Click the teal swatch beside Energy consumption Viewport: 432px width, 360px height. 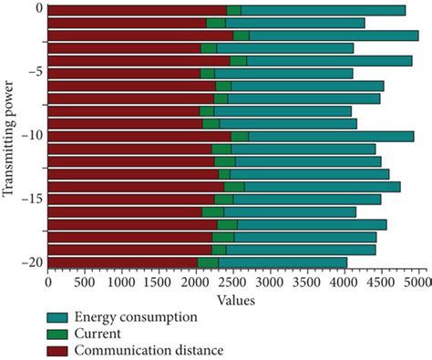point(61,317)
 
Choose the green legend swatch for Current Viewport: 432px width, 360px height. point(61,334)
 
